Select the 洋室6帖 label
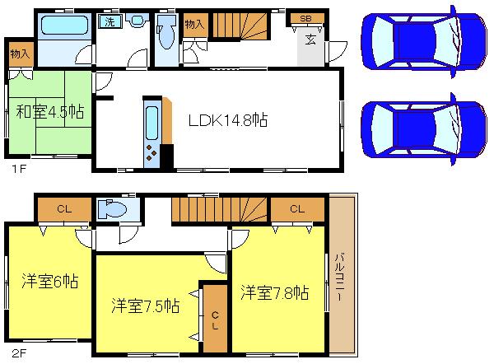[49, 281]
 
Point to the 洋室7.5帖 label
[146, 305]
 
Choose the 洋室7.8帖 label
[275, 292]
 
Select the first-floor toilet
[166, 33]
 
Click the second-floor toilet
[111, 209]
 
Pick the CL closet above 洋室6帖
[63, 209]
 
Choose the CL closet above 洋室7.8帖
[297, 209]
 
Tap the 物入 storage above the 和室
[20, 54]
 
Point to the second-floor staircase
[219, 211]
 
